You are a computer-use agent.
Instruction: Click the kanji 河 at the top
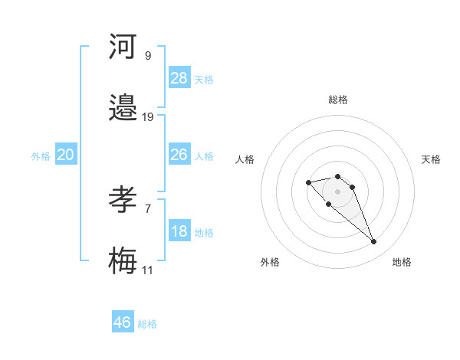tap(123, 47)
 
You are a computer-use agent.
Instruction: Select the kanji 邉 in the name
tap(123, 110)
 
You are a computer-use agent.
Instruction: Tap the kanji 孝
tap(123, 201)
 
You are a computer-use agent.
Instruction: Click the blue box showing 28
tap(179, 78)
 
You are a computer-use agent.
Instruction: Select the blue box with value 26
tap(179, 155)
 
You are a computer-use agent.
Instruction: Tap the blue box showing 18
tap(179, 231)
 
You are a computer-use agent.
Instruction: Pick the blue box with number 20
tap(65, 155)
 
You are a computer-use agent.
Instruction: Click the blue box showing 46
tap(123, 322)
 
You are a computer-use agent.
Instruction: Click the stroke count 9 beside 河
tap(148, 55)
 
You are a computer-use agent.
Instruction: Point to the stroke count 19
tap(148, 117)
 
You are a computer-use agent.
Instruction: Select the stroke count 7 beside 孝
tap(148, 208)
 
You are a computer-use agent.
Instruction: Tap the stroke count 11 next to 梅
tap(147, 270)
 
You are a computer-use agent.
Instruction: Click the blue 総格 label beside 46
tap(147, 324)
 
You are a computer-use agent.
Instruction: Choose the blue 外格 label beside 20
tap(41, 156)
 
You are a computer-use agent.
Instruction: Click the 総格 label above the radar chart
tap(338, 100)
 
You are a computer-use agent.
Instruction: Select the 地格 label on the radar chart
tap(402, 262)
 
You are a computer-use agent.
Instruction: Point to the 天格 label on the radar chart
tap(431, 159)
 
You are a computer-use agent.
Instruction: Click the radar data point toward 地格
tap(373, 242)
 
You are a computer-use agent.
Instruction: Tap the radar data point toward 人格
tap(308, 182)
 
